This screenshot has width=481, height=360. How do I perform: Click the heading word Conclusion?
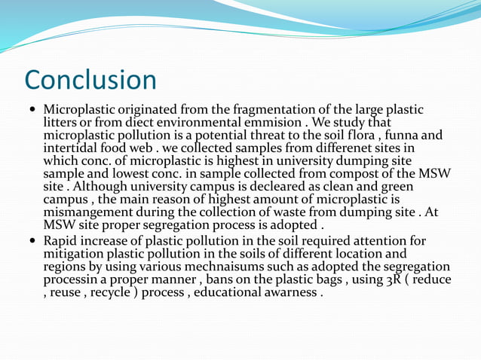pos(90,81)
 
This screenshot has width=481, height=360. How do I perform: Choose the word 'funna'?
pos(419,135)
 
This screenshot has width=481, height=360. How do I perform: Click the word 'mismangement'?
pos(84,212)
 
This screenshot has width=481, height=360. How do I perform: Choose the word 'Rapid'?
pos(60,241)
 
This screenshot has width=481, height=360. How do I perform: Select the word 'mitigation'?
pos(74,254)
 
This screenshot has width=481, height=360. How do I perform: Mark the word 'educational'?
pos(243,292)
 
